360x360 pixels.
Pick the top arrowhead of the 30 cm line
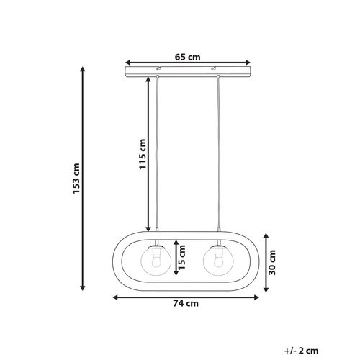266,235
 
